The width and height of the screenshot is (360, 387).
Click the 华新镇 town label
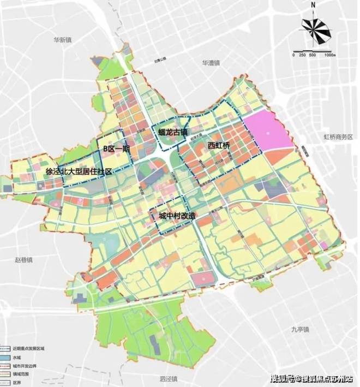pyautogui.click(x=63, y=40)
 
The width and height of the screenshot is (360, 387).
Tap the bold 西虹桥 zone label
pyautogui.click(x=219, y=145)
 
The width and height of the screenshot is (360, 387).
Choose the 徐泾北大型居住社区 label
pyautogui.click(x=79, y=171)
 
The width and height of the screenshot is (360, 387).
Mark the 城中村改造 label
pyautogui.click(x=176, y=216)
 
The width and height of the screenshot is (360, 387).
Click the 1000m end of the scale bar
pyautogui.click(x=328, y=55)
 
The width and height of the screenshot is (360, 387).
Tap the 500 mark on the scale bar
pyautogui.click(x=312, y=55)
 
